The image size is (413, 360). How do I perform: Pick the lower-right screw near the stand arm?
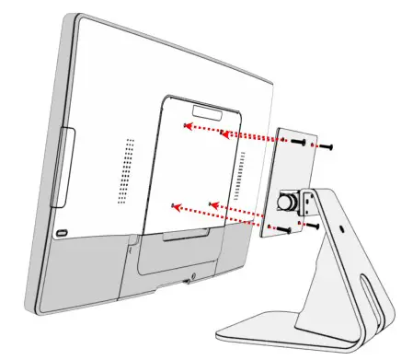[314, 225]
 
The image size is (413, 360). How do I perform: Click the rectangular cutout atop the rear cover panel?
[210, 113]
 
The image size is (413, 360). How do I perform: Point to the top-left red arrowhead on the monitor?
[187, 126]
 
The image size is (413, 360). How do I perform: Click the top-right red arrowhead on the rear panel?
[223, 134]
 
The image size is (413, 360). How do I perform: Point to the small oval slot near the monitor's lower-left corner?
[62, 232]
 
